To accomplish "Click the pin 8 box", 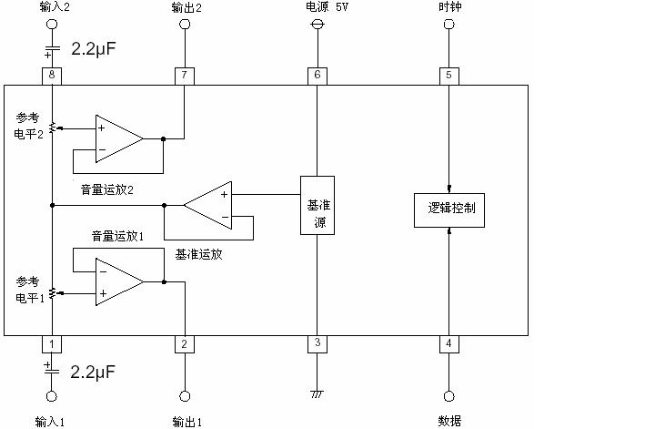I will pyautogui.click(x=51, y=75).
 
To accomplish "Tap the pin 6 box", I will pyautogui.click(x=317, y=75).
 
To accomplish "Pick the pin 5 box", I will pyautogui.click(x=448, y=75).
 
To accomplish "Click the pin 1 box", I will pyautogui.click(x=51, y=344).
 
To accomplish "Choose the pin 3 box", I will pyautogui.click(x=317, y=344).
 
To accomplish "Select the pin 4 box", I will pyautogui.click(x=448, y=344).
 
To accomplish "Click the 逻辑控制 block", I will pyautogui.click(x=449, y=209).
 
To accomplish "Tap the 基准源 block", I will pyautogui.click(x=317, y=205).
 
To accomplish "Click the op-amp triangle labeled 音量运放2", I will pyautogui.click(x=116, y=138).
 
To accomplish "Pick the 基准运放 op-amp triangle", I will pyautogui.click(x=209, y=205).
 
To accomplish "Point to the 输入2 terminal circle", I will pyautogui.click(x=51, y=26).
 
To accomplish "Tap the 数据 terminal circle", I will pyautogui.click(x=448, y=396).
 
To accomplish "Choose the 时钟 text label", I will pyautogui.click(x=449, y=7).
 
